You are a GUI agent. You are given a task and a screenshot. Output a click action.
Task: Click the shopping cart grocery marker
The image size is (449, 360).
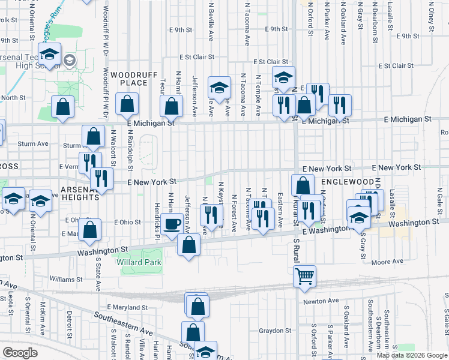point(305,277)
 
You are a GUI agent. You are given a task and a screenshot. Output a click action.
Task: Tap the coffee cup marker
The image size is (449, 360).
point(172,224)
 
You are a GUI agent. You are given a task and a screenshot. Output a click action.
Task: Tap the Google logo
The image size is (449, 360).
point(20,353)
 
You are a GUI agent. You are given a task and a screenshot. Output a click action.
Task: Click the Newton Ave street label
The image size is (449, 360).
point(321,301)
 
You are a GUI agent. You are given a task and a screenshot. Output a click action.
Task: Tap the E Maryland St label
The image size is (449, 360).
point(127,307)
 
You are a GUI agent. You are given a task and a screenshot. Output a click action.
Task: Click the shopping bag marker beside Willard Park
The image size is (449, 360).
point(189,245)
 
